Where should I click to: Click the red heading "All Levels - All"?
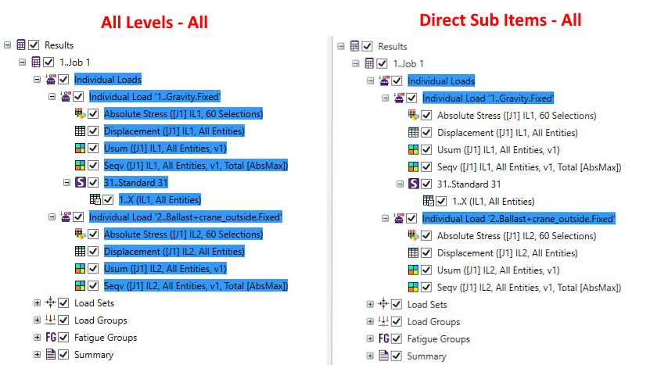pyautogui.click(x=154, y=22)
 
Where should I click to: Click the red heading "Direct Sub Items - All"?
pyautogui.click(x=500, y=20)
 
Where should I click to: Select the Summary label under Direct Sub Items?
pyautogui.click(x=426, y=356)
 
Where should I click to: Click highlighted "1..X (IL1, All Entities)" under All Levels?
pyautogui.click(x=160, y=200)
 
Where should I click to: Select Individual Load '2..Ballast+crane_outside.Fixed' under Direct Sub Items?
pyautogui.click(x=519, y=219)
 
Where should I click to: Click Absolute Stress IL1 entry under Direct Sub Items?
pyautogui.click(x=516, y=116)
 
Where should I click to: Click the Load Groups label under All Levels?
pyautogui.click(x=101, y=320)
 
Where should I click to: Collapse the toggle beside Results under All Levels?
pyautogui.click(x=8, y=45)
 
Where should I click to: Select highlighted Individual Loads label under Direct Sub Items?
pyautogui.click(x=440, y=81)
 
